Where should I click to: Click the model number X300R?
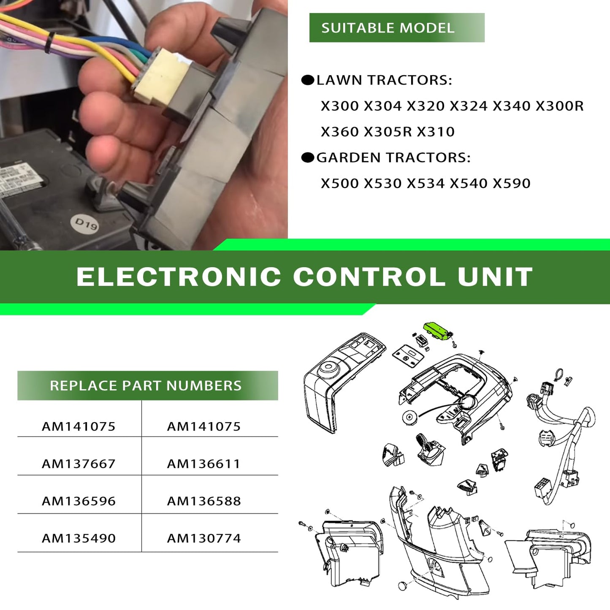point(559,106)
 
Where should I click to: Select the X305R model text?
point(388,132)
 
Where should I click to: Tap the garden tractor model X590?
point(512,183)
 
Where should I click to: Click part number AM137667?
point(79,464)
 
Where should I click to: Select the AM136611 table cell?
point(204,464)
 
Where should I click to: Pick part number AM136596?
point(79,501)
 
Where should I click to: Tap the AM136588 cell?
point(204,501)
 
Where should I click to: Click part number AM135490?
point(79,538)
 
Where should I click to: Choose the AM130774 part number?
point(204,538)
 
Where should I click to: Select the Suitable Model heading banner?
point(397,27)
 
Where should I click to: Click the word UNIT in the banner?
point(496,277)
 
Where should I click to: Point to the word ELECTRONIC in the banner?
point(179,277)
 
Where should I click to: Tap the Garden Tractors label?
point(393,157)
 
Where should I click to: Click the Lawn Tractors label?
point(384,80)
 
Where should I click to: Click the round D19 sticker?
point(85,224)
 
